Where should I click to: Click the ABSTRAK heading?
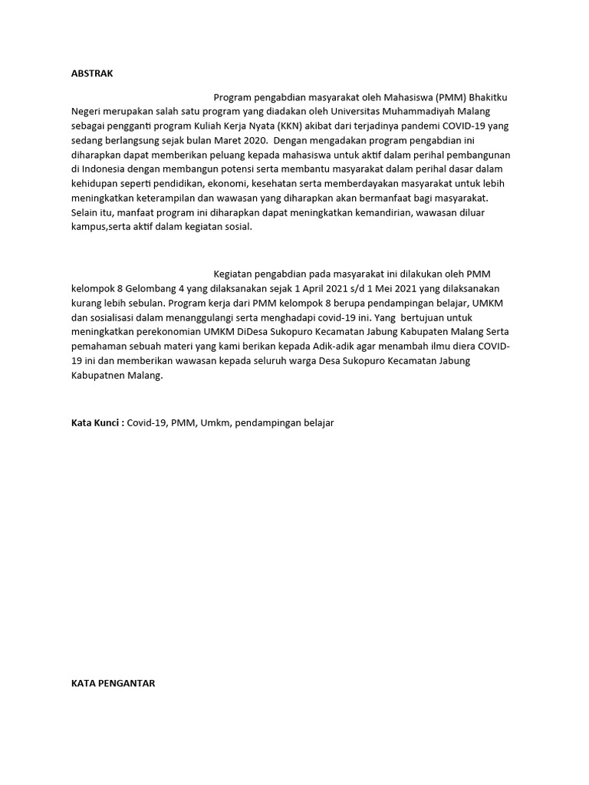coord(92,74)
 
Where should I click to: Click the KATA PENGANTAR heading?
coord(113,683)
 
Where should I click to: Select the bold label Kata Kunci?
coord(97,422)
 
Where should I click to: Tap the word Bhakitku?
coord(488,98)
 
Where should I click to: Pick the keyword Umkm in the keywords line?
coord(216,422)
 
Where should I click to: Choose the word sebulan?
coord(147,303)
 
